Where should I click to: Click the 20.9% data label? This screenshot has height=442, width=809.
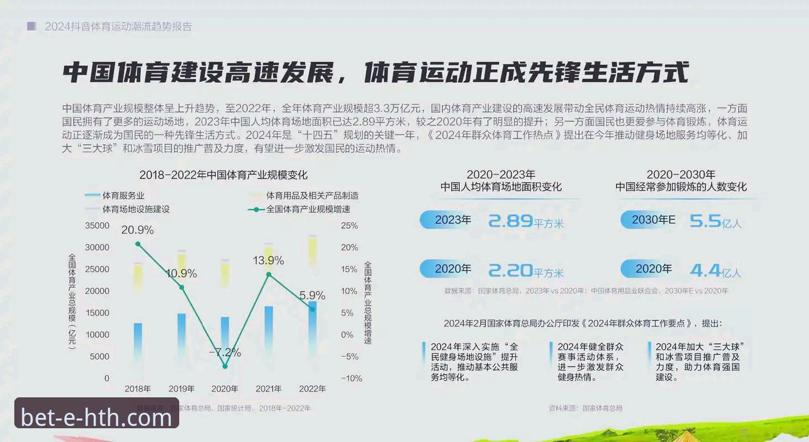pyautogui.click(x=137, y=230)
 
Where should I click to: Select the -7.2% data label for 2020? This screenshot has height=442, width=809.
pyautogui.click(x=224, y=352)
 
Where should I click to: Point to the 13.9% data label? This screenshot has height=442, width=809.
pyautogui.click(x=269, y=261)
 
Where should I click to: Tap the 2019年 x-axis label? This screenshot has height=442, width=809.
pyautogui.click(x=181, y=389)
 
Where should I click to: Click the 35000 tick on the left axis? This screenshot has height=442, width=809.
pyautogui.click(x=97, y=226)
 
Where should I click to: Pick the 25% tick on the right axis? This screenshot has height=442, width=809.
pyautogui.click(x=349, y=226)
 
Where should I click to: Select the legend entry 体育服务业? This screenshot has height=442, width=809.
pyautogui.click(x=123, y=196)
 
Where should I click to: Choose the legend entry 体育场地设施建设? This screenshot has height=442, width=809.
pyautogui.click(x=136, y=209)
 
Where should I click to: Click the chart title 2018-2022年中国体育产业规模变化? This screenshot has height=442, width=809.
pyautogui.click(x=223, y=175)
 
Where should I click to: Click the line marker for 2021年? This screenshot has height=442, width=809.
pyautogui.click(x=269, y=274)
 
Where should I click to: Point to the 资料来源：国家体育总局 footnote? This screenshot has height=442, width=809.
pyautogui.click(x=585, y=408)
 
